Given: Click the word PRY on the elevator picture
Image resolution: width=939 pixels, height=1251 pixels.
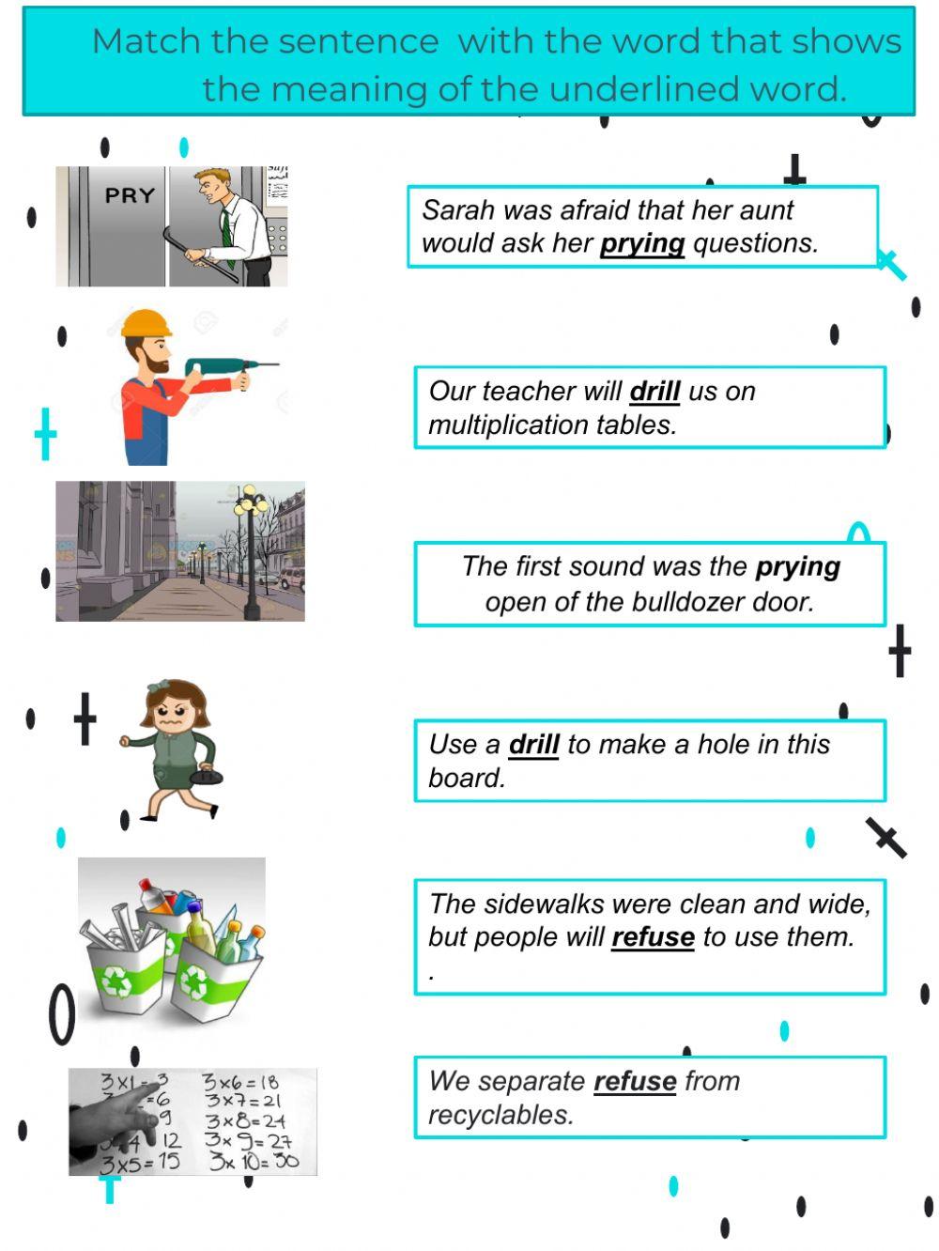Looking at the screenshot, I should point(130,195).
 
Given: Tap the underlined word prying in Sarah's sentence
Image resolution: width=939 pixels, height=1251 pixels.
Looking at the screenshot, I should point(642,243).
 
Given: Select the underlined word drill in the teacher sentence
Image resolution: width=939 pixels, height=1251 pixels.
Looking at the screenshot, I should point(654,391).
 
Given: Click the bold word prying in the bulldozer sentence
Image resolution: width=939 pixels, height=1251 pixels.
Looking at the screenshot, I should point(797,567).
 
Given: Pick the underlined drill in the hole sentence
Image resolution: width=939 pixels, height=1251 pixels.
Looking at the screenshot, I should point(533,745).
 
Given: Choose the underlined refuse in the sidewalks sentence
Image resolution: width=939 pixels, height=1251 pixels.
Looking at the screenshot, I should point(653,937).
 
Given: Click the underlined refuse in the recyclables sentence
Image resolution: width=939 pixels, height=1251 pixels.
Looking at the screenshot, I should point(635,1082).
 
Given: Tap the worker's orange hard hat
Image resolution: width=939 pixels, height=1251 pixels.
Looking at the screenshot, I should point(146,323).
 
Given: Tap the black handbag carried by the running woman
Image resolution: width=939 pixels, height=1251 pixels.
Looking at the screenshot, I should point(207,776).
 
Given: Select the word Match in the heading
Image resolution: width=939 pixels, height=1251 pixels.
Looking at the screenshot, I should point(146,41).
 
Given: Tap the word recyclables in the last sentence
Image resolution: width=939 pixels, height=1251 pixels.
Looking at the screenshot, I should point(500,1116).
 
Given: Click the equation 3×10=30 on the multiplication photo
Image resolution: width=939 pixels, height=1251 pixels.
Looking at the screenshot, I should point(254,1161).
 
